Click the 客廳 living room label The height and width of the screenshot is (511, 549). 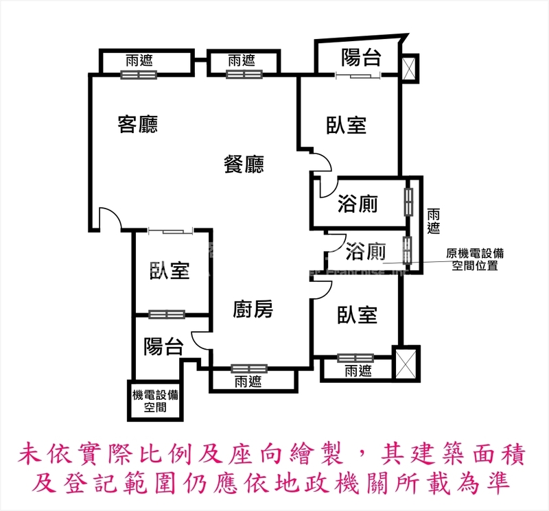pos(138,124)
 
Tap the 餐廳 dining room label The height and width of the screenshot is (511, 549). pos(244,164)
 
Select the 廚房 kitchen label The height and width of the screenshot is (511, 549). pos(253,310)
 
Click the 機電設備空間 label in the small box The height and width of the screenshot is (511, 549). pos(155,401)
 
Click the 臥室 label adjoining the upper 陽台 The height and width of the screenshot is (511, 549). pos(346,125)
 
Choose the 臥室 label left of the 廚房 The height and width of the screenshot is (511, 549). pos(170,271)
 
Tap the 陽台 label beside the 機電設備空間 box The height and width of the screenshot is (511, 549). pos(163,346)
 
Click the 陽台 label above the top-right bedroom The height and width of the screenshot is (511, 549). pos(360,58)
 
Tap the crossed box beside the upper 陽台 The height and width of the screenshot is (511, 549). pos(409,68)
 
